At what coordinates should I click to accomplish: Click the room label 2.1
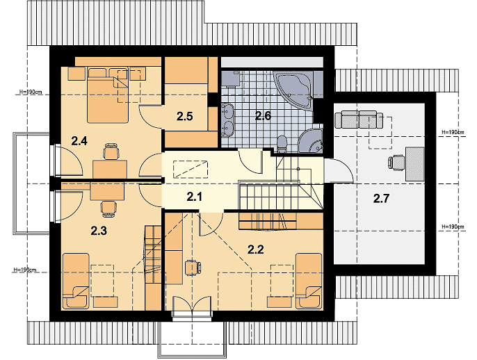click(x=194, y=197)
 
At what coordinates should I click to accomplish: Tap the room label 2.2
click(x=256, y=249)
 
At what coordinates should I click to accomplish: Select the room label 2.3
click(x=99, y=231)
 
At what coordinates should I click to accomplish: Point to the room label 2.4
click(x=79, y=141)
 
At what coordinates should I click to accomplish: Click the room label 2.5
click(x=185, y=117)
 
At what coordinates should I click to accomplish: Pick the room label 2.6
click(x=263, y=116)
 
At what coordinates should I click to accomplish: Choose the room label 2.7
click(x=381, y=199)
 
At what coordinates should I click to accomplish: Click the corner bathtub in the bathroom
click(x=293, y=90)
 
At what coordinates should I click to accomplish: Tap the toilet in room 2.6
click(x=282, y=144)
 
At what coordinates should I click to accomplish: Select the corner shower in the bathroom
click(x=311, y=141)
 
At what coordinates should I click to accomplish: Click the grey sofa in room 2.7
click(x=359, y=120)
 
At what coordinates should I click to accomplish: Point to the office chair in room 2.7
click(x=396, y=161)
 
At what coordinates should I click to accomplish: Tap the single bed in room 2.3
click(x=76, y=281)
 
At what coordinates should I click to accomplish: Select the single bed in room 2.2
click(x=309, y=281)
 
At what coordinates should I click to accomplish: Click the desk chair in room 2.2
click(x=193, y=268)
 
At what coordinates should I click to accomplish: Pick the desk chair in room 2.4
click(x=111, y=151)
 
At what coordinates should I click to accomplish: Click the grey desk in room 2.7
click(x=415, y=163)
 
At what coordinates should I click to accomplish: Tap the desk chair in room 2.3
click(x=108, y=208)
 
